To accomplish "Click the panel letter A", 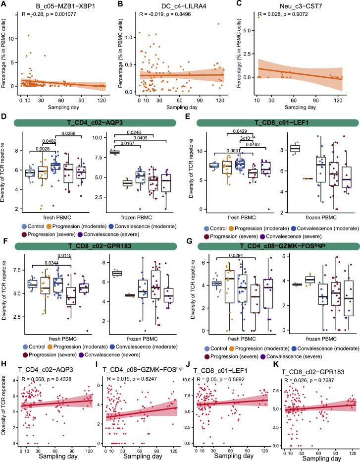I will click(4, 4).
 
